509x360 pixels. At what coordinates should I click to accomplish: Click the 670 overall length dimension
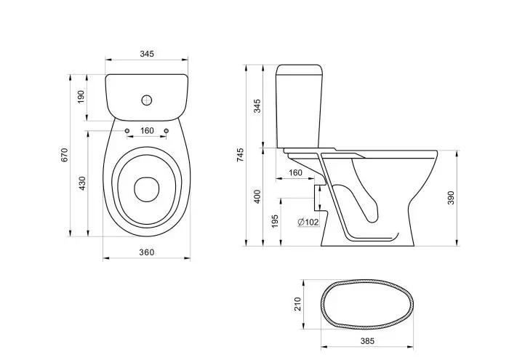point(64,155)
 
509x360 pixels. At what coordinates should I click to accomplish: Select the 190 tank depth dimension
point(81,96)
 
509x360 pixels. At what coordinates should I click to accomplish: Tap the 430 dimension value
point(81,185)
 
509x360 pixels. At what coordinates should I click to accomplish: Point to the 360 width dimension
point(147,252)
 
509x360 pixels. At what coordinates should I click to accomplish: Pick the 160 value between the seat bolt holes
point(147,131)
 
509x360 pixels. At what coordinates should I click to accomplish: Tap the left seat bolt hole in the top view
point(127,132)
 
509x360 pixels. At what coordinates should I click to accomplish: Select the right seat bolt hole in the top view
point(167,132)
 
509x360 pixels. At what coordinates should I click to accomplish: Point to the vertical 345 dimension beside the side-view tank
point(257,106)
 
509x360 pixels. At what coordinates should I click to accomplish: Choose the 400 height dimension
point(257,196)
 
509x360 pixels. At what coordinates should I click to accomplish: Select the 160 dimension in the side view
point(296,172)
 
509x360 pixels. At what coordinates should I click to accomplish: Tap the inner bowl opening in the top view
point(148,188)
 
